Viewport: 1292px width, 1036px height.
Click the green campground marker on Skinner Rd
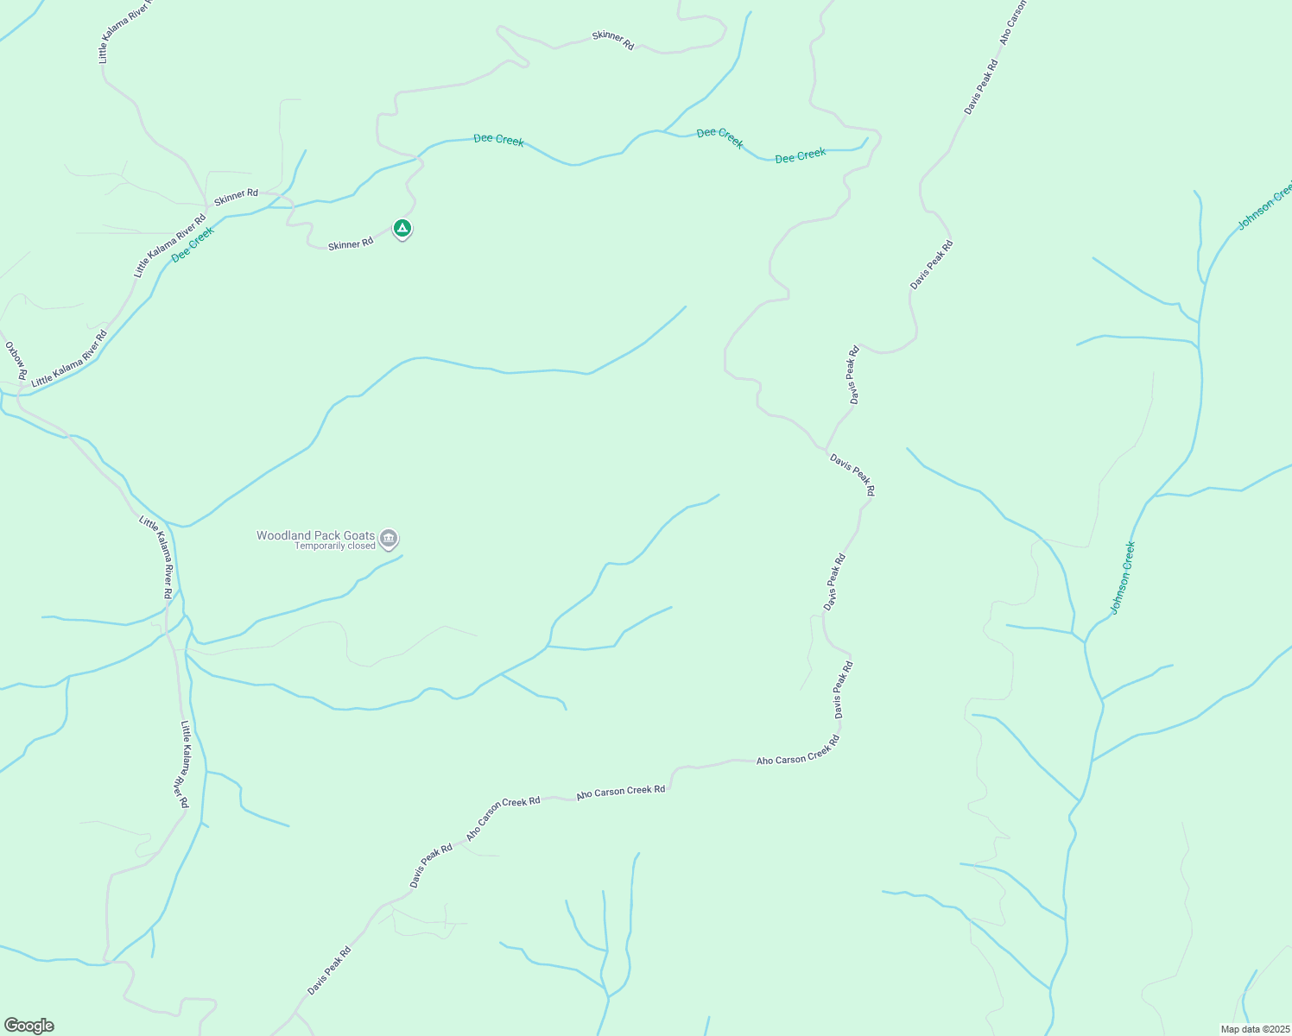[x=402, y=229]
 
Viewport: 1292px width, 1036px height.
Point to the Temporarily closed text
[x=335, y=546]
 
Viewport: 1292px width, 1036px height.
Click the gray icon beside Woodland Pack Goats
[x=389, y=539]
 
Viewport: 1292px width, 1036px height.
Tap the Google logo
[x=28, y=1026]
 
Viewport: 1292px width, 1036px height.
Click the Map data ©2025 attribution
[x=1253, y=1029]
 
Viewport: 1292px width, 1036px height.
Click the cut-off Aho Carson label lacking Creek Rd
[x=1012, y=22]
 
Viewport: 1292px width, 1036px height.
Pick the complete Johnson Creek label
[x=1123, y=578]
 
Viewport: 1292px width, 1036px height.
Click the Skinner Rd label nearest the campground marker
[x=351, y=244]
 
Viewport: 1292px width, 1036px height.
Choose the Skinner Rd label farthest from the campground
[x=613, y=40]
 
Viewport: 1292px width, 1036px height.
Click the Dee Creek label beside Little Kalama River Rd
[x=193, y=244]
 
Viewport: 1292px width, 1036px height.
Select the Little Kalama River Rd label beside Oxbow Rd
[x=69, y=358]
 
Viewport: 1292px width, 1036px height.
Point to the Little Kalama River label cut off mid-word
[x=125, y=31]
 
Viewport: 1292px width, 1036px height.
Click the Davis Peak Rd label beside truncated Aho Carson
[x=981, y=86]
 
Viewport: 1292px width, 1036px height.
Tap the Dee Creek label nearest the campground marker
[x=498, y=140]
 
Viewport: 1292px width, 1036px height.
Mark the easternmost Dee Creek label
[x=801, y=155]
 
